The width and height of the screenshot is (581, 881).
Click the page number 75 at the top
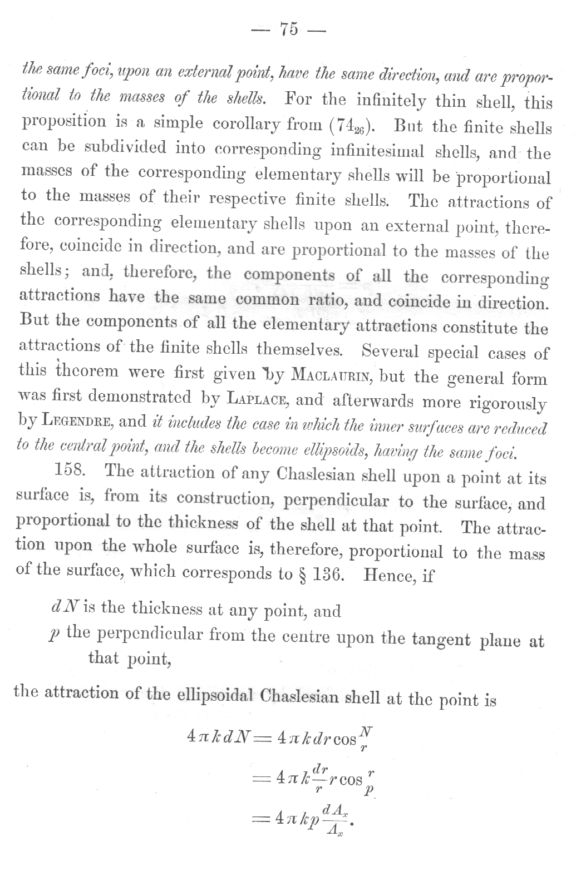coord(290,29)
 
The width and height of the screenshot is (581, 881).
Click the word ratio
coord(328,301)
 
